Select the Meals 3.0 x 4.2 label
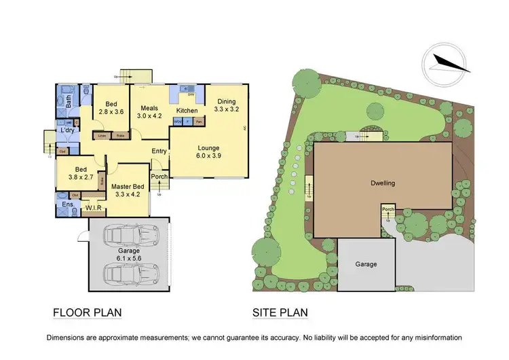151,112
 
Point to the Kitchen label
187,110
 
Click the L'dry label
67,130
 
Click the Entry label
159,151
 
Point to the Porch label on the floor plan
159,177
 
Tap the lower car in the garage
128,274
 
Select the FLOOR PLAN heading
88,313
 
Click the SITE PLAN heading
280,313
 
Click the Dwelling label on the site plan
383,183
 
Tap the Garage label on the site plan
364,264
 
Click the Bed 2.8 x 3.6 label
111,107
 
